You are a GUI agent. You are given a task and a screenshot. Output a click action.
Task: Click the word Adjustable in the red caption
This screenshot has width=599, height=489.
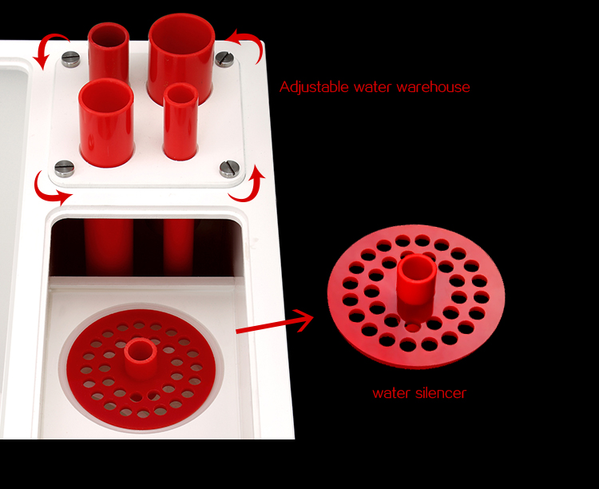tap(314, 87)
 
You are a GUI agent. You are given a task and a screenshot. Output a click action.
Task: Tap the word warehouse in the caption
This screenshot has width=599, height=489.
tap(433, 87)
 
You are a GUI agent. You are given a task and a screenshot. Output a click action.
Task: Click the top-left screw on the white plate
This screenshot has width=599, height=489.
tap(70, 59)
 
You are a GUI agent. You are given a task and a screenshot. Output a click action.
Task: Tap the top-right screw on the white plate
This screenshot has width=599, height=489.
tap(224, 59)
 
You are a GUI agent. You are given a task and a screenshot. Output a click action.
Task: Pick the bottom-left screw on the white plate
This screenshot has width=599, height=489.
tap(65, 169)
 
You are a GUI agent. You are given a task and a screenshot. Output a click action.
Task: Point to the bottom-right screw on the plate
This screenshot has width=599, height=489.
tap(229, 169)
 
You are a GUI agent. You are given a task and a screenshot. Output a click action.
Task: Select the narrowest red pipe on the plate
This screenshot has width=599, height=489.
tap(180, 122)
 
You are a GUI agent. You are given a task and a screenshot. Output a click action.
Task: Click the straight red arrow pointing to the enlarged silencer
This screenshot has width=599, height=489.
tap(275, 322)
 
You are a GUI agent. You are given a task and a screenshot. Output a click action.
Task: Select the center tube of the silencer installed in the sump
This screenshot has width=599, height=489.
tap(141, 357)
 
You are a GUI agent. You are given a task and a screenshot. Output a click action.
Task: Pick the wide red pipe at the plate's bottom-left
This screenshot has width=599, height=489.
tap(106, 122)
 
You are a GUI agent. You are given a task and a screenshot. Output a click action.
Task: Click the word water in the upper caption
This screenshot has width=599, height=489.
tap(373, 88)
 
